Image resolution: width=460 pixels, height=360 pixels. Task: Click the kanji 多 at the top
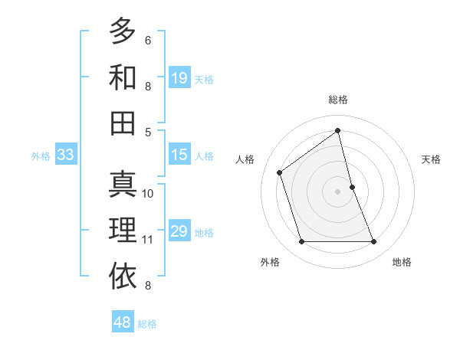click(123, 32)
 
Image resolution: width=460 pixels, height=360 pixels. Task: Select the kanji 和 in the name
click(123, 77)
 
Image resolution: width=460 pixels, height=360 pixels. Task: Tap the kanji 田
click(123, 122)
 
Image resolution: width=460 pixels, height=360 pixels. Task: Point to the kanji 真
click(123, 185)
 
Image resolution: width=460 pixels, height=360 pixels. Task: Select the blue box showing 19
click(179, 78)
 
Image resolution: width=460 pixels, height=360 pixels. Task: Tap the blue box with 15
click(179, 155)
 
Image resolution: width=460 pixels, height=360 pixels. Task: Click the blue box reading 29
click(179, 231)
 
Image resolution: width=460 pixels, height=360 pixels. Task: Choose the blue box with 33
click(66, 155)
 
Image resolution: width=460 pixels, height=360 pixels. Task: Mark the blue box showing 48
click(123, 322)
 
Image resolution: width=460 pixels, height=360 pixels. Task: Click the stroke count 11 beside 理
click(148, 240)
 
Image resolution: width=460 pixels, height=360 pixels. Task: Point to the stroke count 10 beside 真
click(148, 194)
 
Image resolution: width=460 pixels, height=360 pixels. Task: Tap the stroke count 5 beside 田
click(148, 131)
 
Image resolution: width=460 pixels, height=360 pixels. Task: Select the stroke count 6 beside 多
click(148, 40)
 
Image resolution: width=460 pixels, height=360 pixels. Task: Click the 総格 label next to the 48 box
click(147, 324)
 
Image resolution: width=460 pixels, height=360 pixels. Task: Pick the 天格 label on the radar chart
click(431, 159)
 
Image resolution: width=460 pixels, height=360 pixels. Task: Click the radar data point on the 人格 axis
click(280, 172)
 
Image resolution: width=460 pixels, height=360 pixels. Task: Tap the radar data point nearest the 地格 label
click(374, 242)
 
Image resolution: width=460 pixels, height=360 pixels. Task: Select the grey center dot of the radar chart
click(337, 191)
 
